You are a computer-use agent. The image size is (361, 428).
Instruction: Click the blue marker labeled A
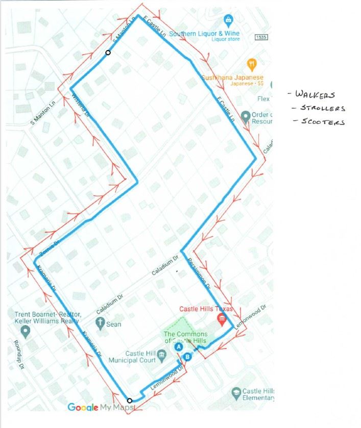179,346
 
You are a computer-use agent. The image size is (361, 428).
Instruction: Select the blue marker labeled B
187,357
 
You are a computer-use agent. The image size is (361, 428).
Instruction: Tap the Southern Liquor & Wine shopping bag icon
228,21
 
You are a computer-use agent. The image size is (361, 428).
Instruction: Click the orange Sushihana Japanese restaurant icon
251,64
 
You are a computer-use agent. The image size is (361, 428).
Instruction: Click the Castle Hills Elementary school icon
236,392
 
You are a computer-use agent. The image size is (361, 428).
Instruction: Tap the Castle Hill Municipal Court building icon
161,354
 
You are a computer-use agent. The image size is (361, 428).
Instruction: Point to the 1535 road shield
261,37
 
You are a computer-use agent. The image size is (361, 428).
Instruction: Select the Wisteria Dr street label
81,105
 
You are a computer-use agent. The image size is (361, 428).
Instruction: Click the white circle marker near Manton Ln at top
108,53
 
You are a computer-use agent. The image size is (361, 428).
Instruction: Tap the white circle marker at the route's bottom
129,400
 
